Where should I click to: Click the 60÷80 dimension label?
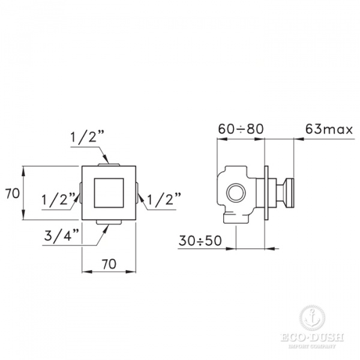coord(241,129)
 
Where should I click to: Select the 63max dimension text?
coord(329,130)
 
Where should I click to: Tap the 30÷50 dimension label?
coord(200,241)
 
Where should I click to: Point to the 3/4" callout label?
coord(62,235)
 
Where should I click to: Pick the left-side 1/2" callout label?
coord(58,199)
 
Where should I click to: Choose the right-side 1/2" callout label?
coord(164,199)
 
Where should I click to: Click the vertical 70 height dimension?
coord(13,193)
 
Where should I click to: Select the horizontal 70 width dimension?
coord(109,264)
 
